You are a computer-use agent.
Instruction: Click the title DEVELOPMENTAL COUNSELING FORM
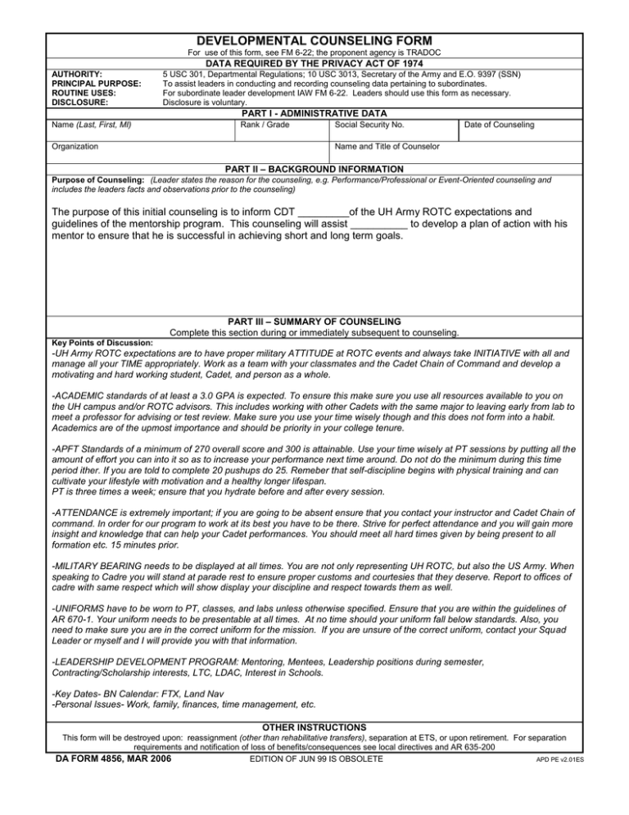tap(314, 40)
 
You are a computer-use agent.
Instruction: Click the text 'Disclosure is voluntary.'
tap(205, 102)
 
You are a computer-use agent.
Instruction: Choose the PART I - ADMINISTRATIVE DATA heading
tap(314, 112)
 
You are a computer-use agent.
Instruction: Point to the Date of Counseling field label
tap(500, 124)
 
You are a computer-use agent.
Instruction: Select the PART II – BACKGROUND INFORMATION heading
tap(314, 168)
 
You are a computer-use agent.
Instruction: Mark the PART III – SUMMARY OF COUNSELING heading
tap(314, 321)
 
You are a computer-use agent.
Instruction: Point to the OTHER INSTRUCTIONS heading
tap(314, 726)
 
